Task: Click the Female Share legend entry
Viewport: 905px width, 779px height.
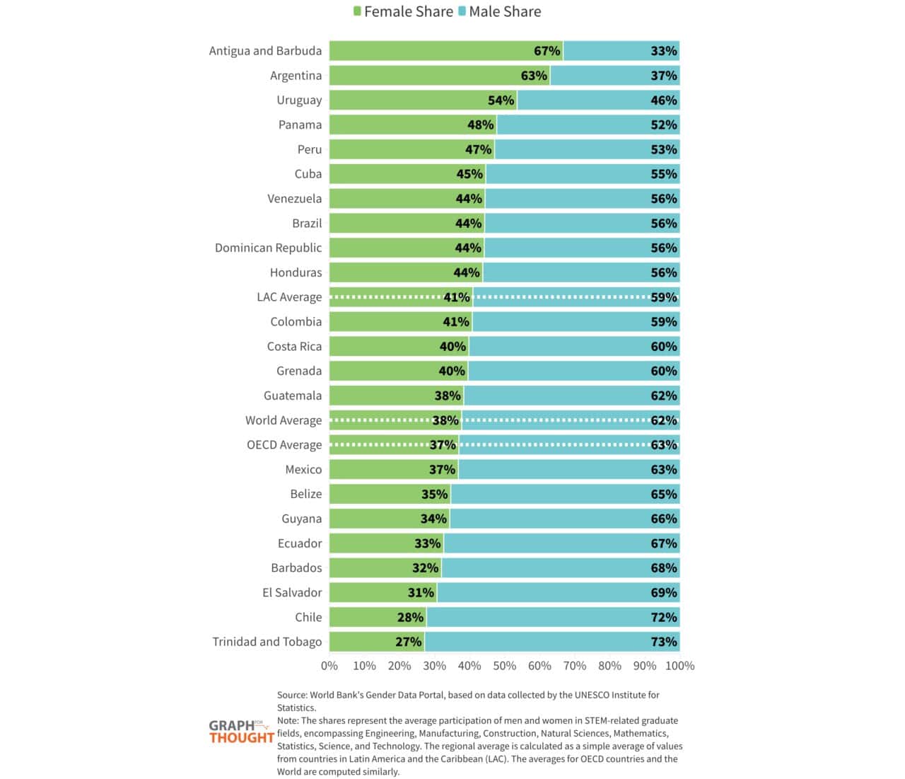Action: (x=403, y=11)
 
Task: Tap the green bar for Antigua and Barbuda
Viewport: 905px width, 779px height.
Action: (x=431, y=51)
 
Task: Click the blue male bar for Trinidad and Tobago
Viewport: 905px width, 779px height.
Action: (x=537, y=642)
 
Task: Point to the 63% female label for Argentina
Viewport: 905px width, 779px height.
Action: (x=534, y=76)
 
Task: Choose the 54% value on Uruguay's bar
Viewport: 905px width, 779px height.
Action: (x=501, y=100)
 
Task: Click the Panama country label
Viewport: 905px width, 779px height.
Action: (x=300, y=125)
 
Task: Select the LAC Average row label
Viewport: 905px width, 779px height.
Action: (x=288, y=297)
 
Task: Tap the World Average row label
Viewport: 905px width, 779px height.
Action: (x=283, y=420)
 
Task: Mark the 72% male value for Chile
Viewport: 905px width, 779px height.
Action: (x=663, y=617)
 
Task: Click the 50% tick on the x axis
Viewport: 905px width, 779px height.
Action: (x=504, y=666)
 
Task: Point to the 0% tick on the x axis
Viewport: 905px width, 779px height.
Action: (x=329, y=666)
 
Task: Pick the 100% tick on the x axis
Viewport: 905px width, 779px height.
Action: (x=679, y=666)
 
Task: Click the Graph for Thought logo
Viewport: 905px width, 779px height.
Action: (x=240, y=732)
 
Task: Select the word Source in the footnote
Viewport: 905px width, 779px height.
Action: (x=291, y=695)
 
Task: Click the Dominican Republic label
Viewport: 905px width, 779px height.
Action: (x=268, y=248)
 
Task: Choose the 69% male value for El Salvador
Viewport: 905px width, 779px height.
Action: (x=663, y=592)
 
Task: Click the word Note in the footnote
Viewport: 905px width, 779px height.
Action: (x=288, y=720)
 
